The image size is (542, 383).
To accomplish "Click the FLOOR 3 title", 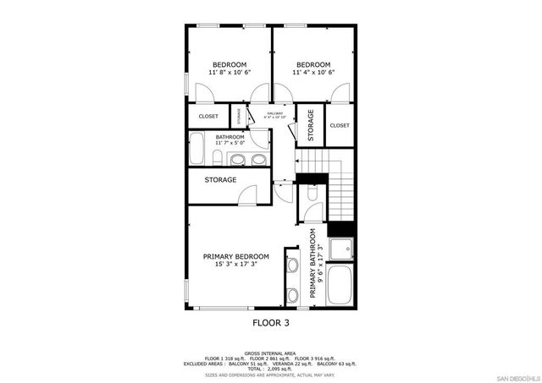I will coord(272,322).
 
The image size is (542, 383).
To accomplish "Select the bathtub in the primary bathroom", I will coord(340,284).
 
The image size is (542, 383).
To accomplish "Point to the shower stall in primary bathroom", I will coord(340,249).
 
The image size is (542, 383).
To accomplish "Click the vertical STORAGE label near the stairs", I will coord(311,124).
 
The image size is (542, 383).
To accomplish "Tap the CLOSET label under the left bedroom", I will coord(208,116).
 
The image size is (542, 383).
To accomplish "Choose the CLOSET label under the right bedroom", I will coord(340,125).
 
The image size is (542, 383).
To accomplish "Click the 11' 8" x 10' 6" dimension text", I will coord(229,73).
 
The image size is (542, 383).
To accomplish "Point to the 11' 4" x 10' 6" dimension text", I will coord(313,73).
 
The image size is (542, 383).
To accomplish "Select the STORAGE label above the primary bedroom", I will coord(220,179).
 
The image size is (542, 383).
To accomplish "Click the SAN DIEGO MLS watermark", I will coord(516,376).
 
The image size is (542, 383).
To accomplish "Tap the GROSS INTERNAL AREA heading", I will coord(271,353).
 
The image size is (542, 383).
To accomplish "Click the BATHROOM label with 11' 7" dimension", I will coord(230,137).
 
